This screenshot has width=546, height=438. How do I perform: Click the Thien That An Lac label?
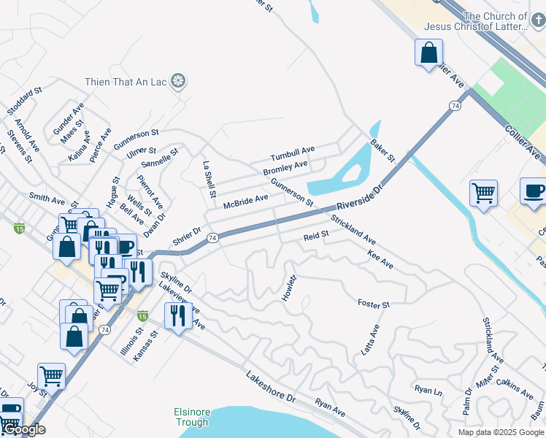tap(126, 81)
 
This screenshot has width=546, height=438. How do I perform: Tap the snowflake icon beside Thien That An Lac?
tap(177, 81)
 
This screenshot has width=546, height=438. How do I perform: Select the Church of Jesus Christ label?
tap(495, 21)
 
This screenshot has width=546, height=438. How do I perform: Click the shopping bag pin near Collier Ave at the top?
tap(429, 53)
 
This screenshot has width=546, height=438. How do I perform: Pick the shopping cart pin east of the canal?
tap(483, 193)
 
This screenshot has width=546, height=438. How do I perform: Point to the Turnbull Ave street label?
tap(292, 154)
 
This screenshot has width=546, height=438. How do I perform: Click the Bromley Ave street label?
tap(285, 169)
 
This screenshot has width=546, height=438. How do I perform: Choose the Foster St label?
tap(374, 303)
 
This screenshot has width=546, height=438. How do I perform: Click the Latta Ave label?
tap(371, 339)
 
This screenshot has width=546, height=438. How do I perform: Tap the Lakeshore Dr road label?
tap(270, 388)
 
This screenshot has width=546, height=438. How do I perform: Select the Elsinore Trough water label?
tap(191, 417)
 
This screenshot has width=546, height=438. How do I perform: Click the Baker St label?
tap(382, 151)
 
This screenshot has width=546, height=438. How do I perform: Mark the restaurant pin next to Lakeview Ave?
tap(178, 315)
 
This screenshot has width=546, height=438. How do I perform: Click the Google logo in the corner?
tap(23, 430)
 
